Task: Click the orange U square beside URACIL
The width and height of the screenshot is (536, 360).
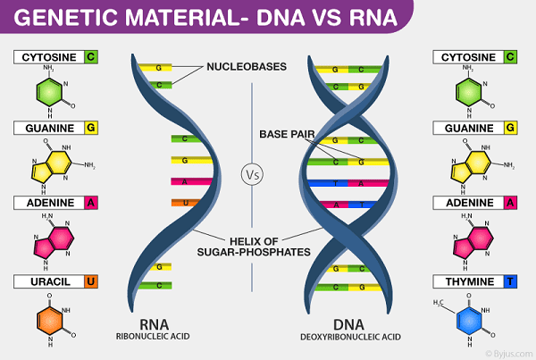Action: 90,282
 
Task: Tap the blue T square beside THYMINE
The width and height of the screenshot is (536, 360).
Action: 508,282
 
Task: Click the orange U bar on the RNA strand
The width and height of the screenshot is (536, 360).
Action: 183,203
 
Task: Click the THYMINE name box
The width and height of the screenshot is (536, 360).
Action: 466,282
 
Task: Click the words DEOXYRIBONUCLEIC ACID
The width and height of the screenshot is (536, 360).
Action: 349,339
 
